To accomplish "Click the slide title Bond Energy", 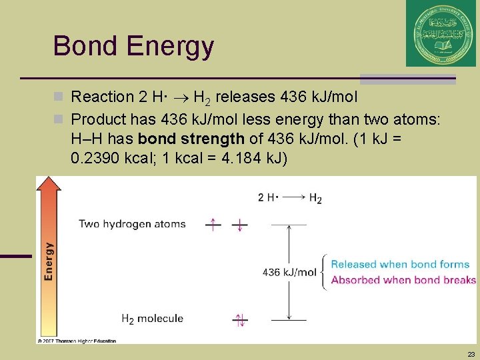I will (133, 47).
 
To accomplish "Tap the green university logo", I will (441, 33).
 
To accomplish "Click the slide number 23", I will (471, 354).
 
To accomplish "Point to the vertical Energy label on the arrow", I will (49, 261).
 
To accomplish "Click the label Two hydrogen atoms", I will (132, 224).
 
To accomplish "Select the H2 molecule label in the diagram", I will (152, 319).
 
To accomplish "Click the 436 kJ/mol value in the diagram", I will (289, 272).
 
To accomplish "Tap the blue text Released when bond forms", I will (400, 265).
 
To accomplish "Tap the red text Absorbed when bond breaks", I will (403, 280).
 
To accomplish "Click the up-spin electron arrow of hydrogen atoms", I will (213, 225).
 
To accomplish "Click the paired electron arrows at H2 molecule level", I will (239, 320).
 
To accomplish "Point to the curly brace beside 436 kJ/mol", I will (324, 272).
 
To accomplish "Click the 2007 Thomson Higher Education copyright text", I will (77, 341).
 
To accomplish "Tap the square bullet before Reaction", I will (62, 97).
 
